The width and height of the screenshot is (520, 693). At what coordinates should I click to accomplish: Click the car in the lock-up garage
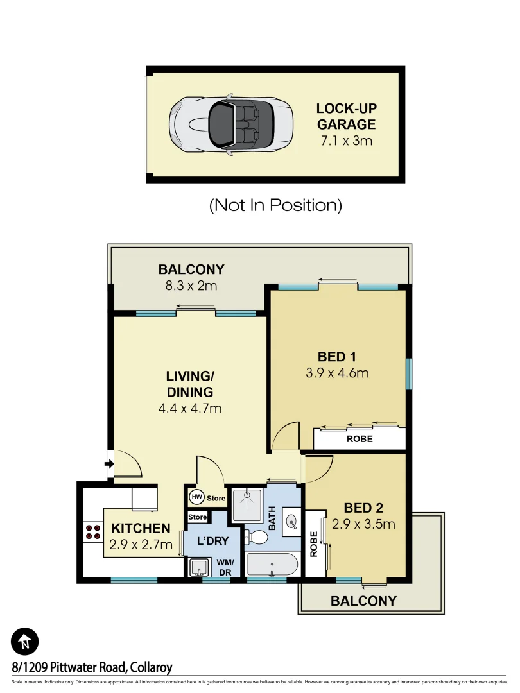(232, 125)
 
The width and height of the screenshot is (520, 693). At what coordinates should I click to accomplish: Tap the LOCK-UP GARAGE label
(346, 116)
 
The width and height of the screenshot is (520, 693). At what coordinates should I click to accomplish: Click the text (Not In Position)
(275, 205)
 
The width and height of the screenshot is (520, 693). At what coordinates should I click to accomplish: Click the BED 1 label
(337, 357)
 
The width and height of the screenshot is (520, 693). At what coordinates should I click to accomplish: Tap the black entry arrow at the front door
(109, 463)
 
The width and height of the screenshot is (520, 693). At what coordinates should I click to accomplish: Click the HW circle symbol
(196, 497)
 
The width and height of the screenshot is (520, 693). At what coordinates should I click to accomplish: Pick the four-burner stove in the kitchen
(92, 532)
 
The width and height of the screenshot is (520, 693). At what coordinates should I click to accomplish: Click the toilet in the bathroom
(259, 536)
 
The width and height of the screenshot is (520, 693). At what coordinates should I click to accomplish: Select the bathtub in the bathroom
(272, 566)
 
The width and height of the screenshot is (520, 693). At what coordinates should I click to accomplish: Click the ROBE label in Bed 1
(360, 440)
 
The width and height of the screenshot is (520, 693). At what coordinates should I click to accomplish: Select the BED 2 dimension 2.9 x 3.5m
(363, 524)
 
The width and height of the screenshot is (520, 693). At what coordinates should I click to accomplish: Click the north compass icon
(25, 641)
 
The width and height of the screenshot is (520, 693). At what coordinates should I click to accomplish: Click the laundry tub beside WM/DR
(197, 567)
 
